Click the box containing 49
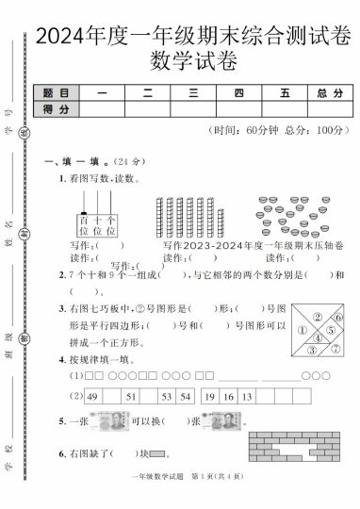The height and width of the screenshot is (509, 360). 92,397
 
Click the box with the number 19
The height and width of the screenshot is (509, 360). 210,397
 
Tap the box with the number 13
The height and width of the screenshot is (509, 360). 247,397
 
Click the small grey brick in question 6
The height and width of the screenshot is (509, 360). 156,454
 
